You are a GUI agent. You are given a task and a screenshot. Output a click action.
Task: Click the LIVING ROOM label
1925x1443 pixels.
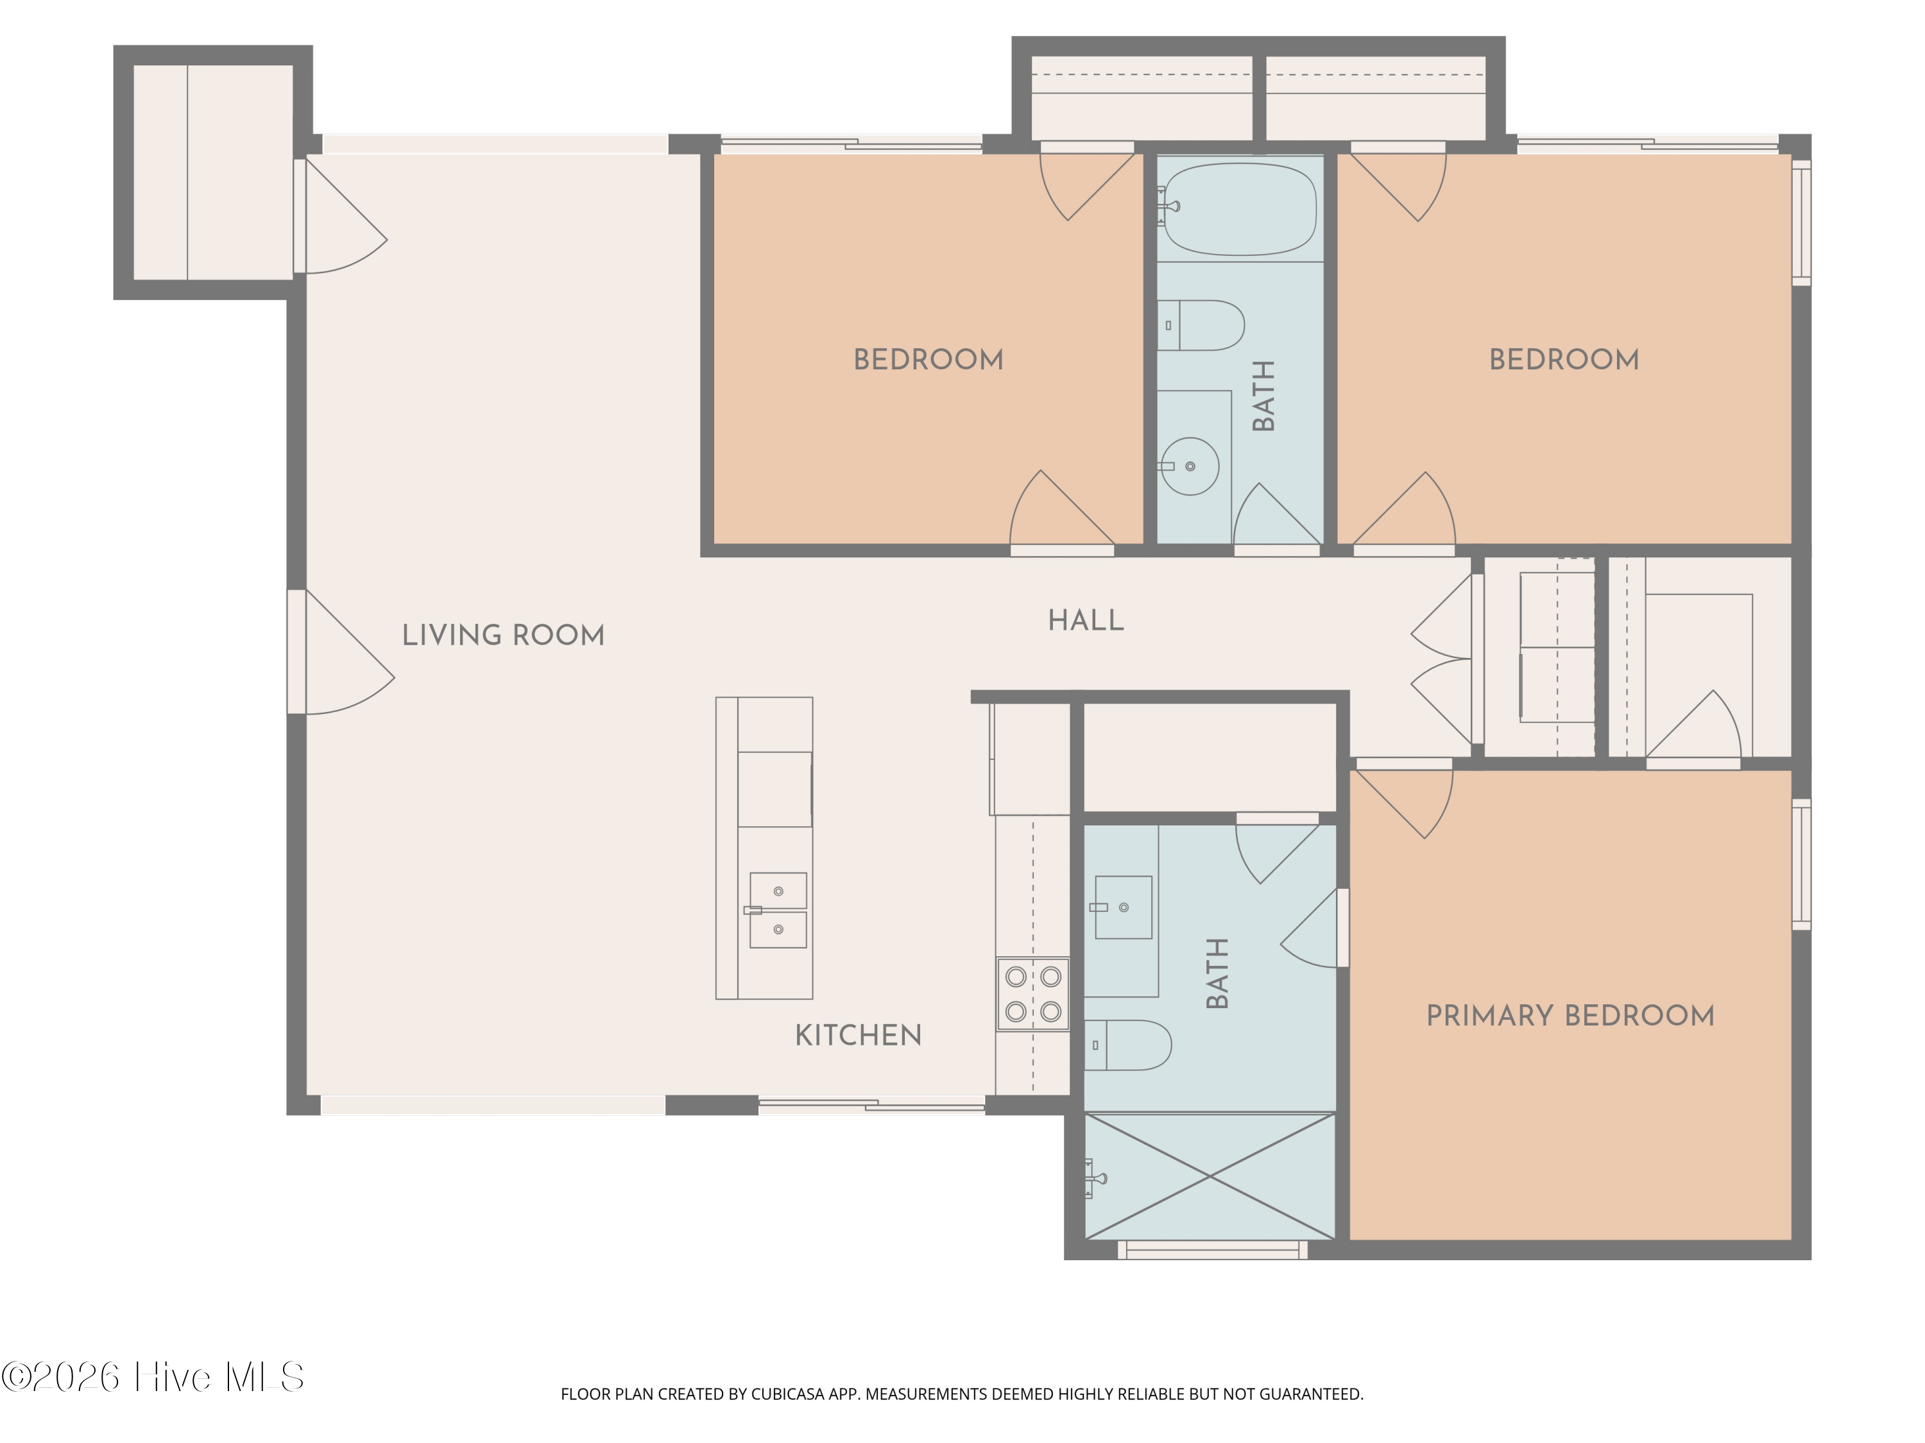pyautogui.click(x=503, y=635)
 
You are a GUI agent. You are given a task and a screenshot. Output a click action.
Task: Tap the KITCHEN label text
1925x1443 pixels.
pyautogui.click(x=858, y=1035)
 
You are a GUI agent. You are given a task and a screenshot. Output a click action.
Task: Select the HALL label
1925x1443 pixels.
pyautogui.click(x=1085, y=620)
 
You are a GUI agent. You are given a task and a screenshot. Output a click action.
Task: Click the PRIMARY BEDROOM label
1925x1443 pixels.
pyautogui.click(x=1570, y=1015)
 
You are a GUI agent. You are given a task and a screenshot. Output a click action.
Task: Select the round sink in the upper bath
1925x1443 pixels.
pyautogui.click(x=1190, y=466)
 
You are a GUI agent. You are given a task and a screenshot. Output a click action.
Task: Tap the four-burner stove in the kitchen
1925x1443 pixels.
pyautogui.click(x=1033, y=994)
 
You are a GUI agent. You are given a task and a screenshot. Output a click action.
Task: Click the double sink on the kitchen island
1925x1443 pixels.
pyautogui.click(x=778, y=910)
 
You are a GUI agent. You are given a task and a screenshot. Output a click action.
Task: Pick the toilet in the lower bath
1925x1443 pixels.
pyautogui.click(x=1128, y=1045)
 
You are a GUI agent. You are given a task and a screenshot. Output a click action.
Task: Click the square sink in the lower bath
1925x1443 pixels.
pyautogui.click(x=1123, y=907)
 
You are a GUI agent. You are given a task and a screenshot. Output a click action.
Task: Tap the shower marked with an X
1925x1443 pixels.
pyautogui.click(x=1210, y=1177)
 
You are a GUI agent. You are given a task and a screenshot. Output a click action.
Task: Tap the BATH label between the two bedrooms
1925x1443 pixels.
pyautogui.click(x=1263, y=396)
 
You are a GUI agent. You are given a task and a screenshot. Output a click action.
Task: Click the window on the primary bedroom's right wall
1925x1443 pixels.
pyautogui.click(x=1801, y=864)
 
